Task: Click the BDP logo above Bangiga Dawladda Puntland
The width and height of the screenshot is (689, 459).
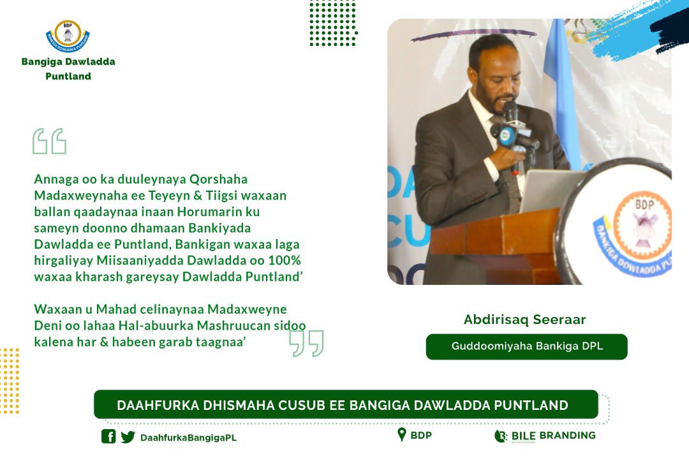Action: click(68, 36)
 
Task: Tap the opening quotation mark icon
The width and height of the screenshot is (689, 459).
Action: click(49, 141)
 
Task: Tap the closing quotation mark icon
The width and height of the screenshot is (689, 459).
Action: click(306, 343)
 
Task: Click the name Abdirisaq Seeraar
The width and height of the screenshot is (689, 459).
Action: click(525, 320)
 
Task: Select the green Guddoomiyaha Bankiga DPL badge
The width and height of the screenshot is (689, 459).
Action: click(526, 347)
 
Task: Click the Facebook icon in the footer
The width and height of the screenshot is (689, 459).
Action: click(108, 437)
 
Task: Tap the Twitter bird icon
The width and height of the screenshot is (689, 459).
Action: click(128, 437)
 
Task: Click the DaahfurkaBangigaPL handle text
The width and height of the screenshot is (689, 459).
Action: click(188, 437)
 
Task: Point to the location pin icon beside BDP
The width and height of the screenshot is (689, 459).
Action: click(401, 435)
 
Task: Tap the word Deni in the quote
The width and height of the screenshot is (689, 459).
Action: click(45, 325)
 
